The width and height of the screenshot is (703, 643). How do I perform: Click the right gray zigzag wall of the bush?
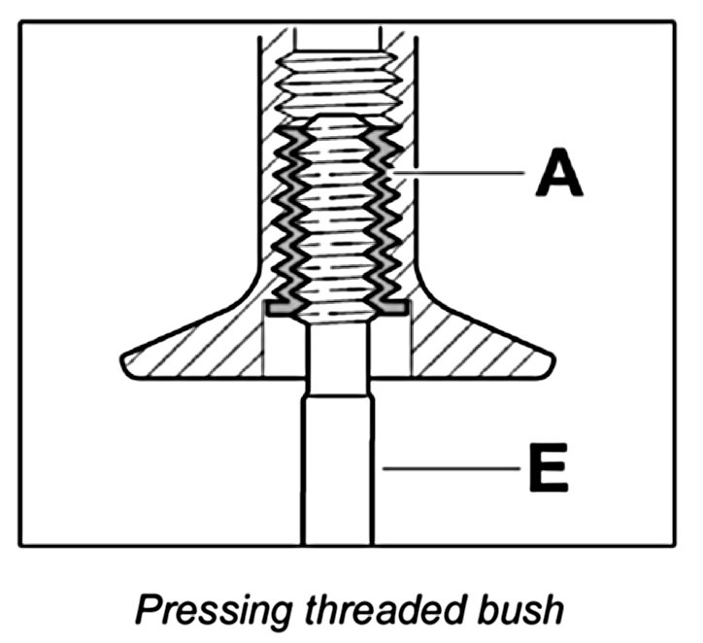(x=385, y=214)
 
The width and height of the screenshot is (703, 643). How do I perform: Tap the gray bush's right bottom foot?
(x=394, y=305)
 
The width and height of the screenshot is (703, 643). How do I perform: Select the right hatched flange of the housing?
(x=476, y=350)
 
